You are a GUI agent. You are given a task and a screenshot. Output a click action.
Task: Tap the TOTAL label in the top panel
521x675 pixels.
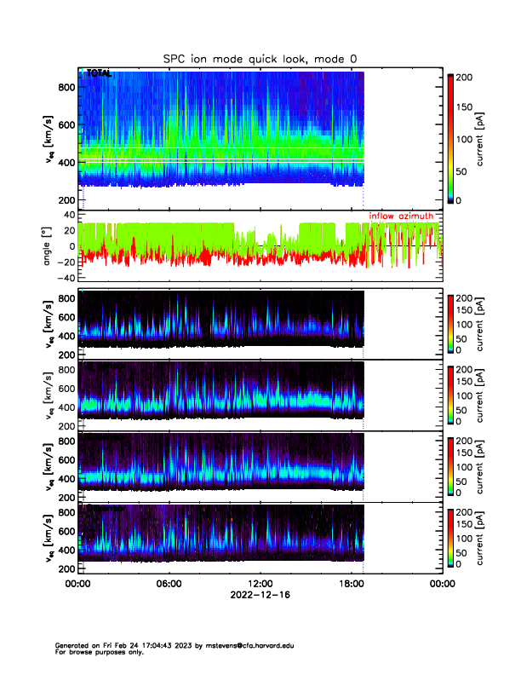point(99,75)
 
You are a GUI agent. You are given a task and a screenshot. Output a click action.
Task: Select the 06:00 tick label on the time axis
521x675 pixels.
point(169,584)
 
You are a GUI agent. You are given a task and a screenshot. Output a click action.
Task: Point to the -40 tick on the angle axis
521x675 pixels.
point(63,278)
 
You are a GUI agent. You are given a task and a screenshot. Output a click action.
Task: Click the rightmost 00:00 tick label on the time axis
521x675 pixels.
point(441,584)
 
